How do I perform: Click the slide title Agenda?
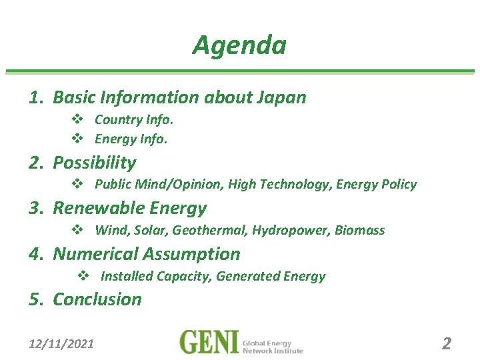pyautogui.click(x=239, y=45)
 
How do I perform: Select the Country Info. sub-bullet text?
pyautogui.click(x=134, y=120)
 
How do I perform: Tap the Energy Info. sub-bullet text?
pyautogui.click(x=131, y=139)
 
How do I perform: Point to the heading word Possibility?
pyautogui.click(x=94, y=163)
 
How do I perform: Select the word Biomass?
pyautogui.click(x=360, y=231)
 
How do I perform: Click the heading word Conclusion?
pyautogui.click(x=97, y=299)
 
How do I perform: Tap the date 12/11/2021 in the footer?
pyautogui.click(x=61, y=344)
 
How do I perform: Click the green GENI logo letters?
pyautogui.click(x=209, y=343)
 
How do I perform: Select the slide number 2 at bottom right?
pyautogui.click(x=447, y=344)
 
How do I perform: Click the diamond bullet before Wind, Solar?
pyautogui.click(x=77, y=231)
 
